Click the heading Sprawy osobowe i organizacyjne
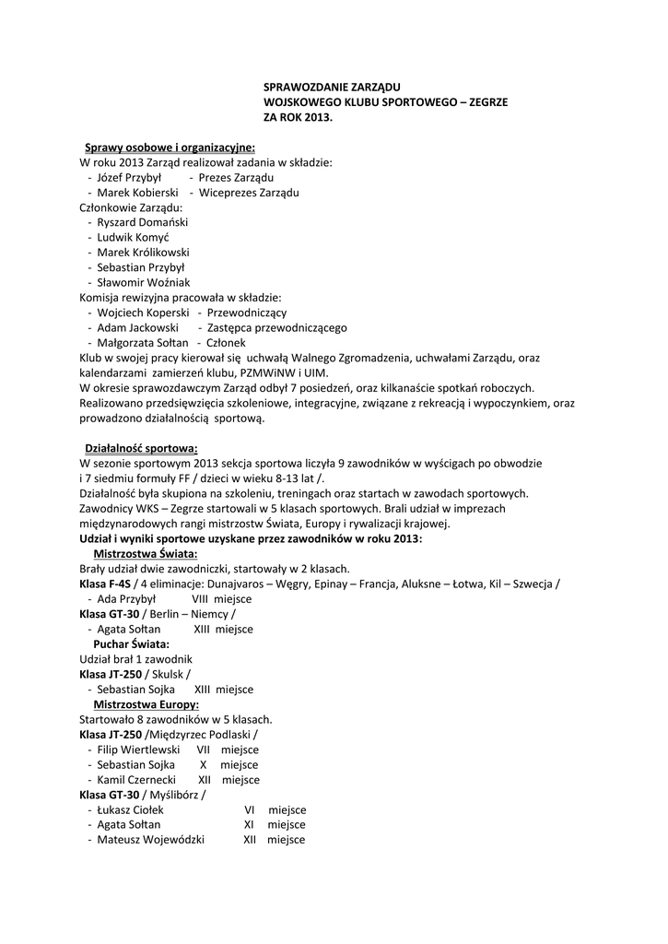click(170, 147)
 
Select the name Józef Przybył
click(129, 177)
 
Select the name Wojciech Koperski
click(143, 313)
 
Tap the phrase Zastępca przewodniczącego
click(277, 327)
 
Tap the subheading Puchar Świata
click(131, 643)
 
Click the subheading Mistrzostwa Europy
click(147, 704)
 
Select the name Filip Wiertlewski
click(139, 749)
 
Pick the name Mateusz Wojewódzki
click(151, 840)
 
